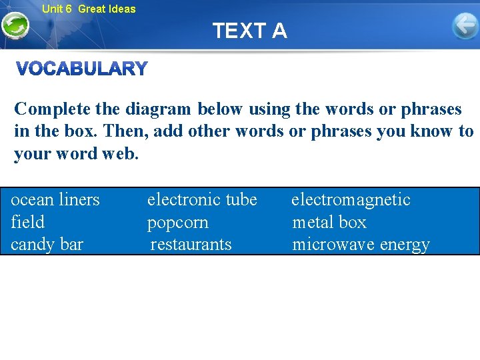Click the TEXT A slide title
pos(250,31)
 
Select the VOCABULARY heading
pos(81,69)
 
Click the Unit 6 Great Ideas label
pos(88,9)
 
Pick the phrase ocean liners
pos(55,199)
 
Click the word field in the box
pos(28,222)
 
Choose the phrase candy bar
pos(47,244)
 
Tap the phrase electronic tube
pos(202,199)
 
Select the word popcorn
pos(177,223)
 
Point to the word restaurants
pos(191,244)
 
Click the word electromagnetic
pos(351,199)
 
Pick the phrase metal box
pos(329,222)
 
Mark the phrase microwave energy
pos(361,245)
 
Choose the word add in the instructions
pos(167,131)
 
